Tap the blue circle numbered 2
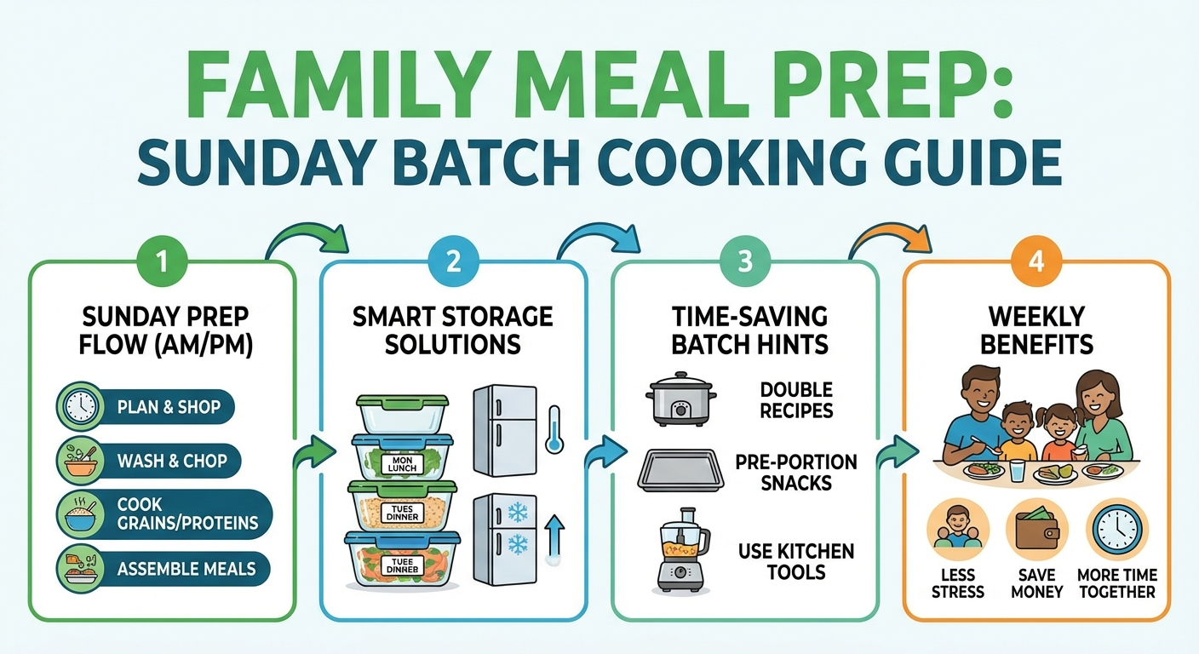[x=453, y=259]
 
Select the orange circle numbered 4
[x=1035, y=259]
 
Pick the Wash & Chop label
[x=172, y=461]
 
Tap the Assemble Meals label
[x=186, y=568]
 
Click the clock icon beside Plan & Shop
[x=79, y=407]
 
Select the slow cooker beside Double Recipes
[x=679, y=398]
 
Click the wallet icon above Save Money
[x=1036, y=529]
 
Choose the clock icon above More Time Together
[x=1116, y=529]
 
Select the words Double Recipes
[x=796, y=400]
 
